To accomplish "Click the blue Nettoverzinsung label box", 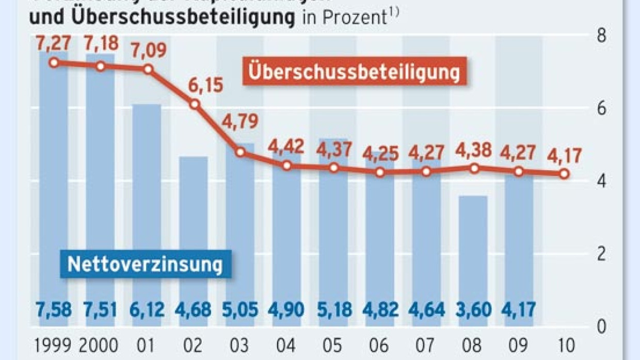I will [145, 265].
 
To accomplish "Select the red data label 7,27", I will [54, 42].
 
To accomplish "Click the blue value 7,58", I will [54, 309].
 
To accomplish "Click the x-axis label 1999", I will [54, 344].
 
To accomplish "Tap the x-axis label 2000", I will [101, 344].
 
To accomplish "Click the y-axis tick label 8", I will [602, 36].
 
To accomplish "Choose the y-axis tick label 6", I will [602, 108].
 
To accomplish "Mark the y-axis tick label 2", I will [602, 254].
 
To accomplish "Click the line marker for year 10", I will [564, 174].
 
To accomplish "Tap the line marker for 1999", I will [54, 63].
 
